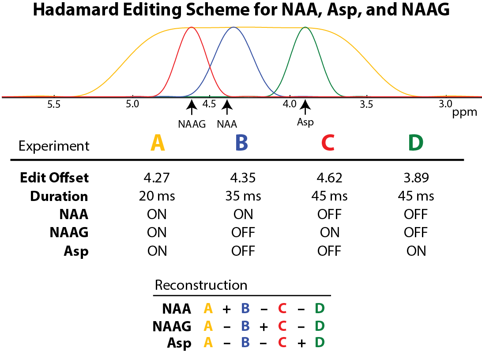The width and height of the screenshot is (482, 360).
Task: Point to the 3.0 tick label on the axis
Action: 445,105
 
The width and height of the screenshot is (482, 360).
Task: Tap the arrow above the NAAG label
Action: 192,107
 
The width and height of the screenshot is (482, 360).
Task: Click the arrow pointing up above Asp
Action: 305,107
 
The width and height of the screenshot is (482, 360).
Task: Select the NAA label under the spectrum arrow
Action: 227,124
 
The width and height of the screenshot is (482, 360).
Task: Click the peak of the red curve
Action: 192,27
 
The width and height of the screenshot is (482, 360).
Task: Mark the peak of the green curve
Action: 305,27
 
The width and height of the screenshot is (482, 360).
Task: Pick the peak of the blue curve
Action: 233,27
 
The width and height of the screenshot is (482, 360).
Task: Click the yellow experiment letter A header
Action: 158,143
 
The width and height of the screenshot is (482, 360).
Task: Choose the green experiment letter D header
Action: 415,143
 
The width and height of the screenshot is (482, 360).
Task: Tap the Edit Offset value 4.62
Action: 329,178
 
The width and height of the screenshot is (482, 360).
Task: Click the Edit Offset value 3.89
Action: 415,178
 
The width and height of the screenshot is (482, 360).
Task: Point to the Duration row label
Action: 59,196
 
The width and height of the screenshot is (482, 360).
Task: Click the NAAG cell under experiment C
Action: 329,233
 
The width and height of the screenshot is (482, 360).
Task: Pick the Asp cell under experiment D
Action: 415,251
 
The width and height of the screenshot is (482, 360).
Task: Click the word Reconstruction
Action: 201,284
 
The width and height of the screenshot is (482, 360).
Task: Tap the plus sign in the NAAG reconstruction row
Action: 264,326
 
